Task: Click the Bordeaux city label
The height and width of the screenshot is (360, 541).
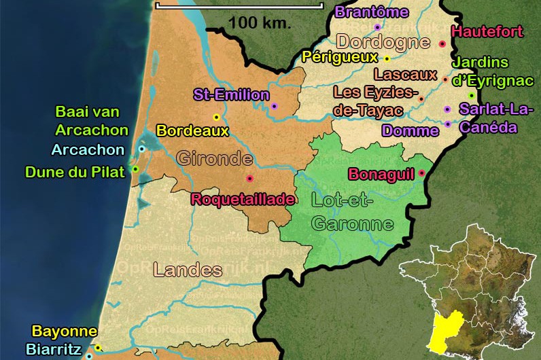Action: pos(192,130)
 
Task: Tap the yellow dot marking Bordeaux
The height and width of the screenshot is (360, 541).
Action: pos(217,117)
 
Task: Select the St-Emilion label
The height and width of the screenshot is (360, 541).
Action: pos(231,95)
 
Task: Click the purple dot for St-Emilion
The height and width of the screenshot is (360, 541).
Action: pos(274,106)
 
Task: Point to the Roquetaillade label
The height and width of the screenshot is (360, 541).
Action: pos(243,199)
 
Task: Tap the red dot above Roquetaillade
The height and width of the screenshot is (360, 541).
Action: pos(249,178)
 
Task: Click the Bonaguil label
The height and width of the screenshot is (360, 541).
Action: pos(381,175)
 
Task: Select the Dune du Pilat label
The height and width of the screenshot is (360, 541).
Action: pos(75,172)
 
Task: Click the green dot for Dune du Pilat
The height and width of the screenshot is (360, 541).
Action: pos(135,169)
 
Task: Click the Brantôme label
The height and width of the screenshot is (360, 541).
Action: pos(372,12)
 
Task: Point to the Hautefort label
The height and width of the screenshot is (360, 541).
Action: pos(487,31)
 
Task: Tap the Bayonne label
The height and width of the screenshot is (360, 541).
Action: pos(65,332)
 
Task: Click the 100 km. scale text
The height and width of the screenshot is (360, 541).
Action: pos(259,22)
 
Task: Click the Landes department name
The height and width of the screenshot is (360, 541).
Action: pos(188,270)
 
